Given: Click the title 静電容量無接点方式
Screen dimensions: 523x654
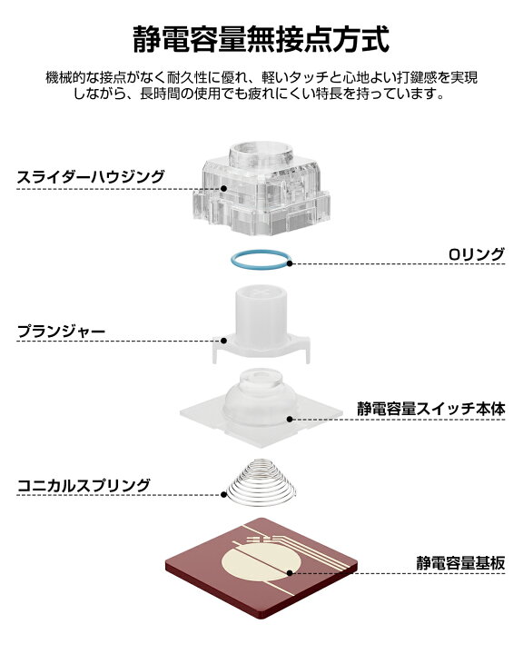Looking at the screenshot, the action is point(261,39).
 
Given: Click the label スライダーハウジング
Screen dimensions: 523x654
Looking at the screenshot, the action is point(91,177).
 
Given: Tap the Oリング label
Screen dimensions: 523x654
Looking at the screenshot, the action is point(477,254).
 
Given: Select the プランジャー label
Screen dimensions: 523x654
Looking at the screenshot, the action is point(62,332).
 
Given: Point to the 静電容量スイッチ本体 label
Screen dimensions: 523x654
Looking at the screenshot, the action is point(431,409).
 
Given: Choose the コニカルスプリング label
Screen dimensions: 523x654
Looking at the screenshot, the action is point(84,485).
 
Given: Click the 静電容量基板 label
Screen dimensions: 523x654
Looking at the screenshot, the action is point(461,563).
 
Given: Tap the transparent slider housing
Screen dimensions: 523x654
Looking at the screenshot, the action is point(261,188).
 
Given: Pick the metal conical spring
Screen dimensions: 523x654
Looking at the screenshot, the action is point(261,482).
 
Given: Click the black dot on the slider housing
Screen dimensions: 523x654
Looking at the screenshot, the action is point(223,189).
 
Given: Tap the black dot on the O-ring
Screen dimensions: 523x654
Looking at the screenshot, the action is point(290,263).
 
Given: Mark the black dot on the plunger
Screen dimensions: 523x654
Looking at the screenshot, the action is point(223,341).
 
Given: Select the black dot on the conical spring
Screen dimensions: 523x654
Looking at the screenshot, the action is point(223,495).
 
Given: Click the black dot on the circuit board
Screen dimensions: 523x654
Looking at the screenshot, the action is point(290,572).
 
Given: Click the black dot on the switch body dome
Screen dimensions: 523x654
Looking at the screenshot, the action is point(290,419).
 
